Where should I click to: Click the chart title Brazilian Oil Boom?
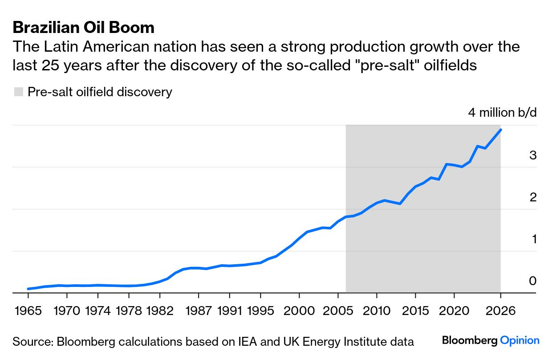[84, 28]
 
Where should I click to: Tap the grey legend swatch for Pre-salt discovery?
[18, 92]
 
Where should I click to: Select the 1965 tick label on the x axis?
[28, 310]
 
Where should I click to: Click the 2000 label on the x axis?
[299, 310]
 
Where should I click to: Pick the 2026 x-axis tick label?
[500, 310]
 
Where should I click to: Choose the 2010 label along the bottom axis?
[377, 310]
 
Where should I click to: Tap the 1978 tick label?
[129, 310]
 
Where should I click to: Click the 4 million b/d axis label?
[502, 112]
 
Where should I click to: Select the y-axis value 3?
[533, 155]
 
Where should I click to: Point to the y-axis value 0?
[533, 281]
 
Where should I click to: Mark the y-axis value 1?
[533, 239]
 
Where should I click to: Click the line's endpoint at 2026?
[501, 130]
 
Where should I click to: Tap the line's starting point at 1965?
[28, 289]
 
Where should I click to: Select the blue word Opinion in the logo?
[520, 341]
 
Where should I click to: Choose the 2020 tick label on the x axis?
[454, 310]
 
